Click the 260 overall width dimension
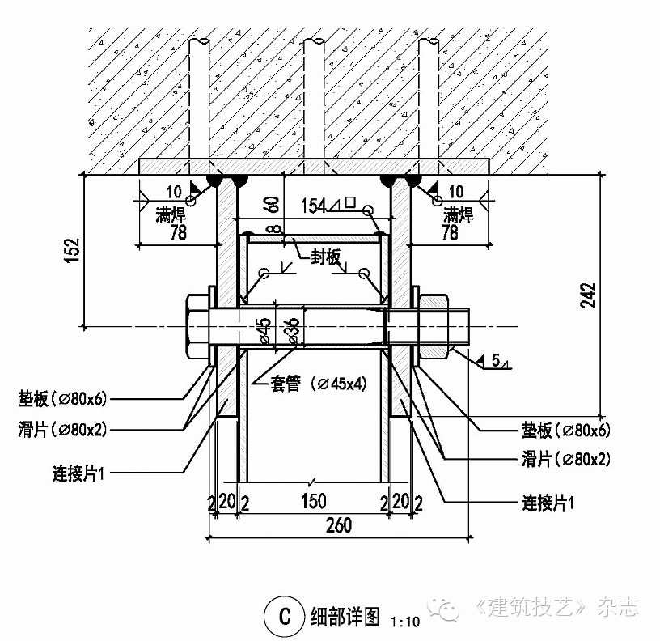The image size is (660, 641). tap(339, 525)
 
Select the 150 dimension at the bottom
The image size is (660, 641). tap(314, 503)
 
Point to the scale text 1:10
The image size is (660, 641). tap(404, 622)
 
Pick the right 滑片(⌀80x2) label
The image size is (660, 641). tap(565, 460)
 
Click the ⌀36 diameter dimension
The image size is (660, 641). tap(291, 329)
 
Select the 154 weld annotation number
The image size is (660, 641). tap(314, 206)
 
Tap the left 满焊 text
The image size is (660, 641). tap(170, 214)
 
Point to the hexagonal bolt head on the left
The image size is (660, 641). tap(197, 327)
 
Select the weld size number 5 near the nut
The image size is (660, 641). tap(495, 363)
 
